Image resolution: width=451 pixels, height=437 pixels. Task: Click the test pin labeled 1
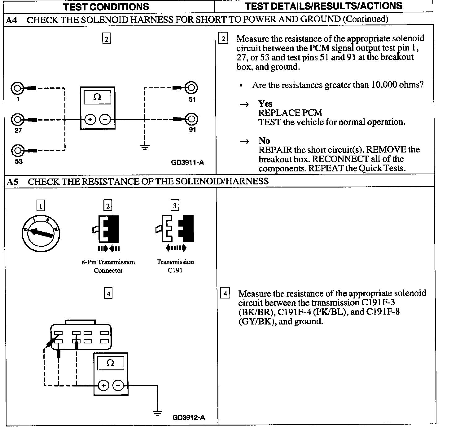coord(17,89)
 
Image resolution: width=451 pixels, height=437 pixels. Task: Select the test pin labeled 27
coord(17,119)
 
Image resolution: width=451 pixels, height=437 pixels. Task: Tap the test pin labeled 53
coord(17,151)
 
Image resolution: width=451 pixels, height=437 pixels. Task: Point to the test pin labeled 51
coord(191,88)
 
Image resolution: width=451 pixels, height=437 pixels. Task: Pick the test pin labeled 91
coord(191,119)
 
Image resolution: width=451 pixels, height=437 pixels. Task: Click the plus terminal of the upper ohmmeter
coord(90,119)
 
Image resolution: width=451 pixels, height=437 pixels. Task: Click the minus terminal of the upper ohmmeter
coord(105,119)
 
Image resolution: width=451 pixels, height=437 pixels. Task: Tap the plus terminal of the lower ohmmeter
coord(103,386)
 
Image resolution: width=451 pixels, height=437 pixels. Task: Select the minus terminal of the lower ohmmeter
coord(118,386)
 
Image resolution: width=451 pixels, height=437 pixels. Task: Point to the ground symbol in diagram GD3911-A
coord(145,147)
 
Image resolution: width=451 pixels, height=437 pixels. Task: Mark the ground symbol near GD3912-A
coord(157,413)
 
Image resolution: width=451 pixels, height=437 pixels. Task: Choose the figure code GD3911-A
coord(187,162)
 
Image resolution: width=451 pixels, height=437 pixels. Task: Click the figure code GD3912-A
coord(189,417)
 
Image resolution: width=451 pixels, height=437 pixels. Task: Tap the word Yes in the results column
coord(265,104)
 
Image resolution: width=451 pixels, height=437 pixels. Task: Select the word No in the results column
coord(264,140)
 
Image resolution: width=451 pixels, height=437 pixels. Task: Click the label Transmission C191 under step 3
coord(175,266)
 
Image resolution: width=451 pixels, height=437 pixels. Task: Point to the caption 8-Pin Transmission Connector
coord(108,266)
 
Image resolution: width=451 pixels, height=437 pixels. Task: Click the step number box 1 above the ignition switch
coord(41,205)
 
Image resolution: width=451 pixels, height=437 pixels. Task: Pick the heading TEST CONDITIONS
coord(106,7)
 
